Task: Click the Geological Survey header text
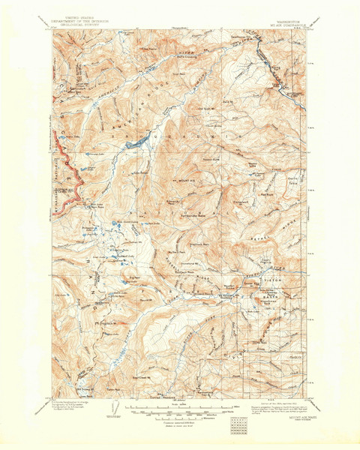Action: click(x=78, y=20)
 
